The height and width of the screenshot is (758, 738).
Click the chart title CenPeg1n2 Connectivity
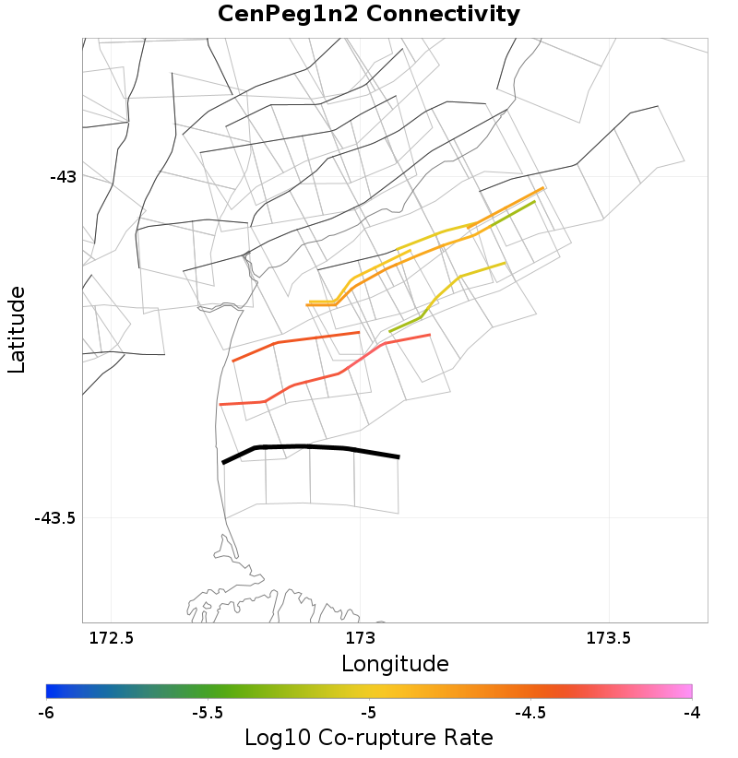[x=369, y=15]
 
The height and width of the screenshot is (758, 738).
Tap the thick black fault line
[x=304, y=447]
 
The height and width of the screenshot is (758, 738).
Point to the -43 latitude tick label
[x=63, y=176]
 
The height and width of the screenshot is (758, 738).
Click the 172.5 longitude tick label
[x=110, y=638]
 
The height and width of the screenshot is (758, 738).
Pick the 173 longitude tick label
[x=359, y=638]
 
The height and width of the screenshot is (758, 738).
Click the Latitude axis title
[x=17, y=329]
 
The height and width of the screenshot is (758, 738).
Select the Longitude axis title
[x=395, y=664]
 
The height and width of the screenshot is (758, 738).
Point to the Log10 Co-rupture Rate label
[x=369, y=738]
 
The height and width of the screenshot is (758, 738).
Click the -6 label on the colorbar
[x=46, y=713]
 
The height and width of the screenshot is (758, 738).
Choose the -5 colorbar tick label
[x=368, y=713]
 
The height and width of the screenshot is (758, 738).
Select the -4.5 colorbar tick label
[x=530, y=713]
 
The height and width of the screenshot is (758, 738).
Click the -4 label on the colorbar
[x=691, y=713]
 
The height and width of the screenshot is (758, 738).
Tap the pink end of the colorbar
[x=687, y=692]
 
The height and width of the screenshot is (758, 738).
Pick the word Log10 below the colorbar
[x=271, y=738]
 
